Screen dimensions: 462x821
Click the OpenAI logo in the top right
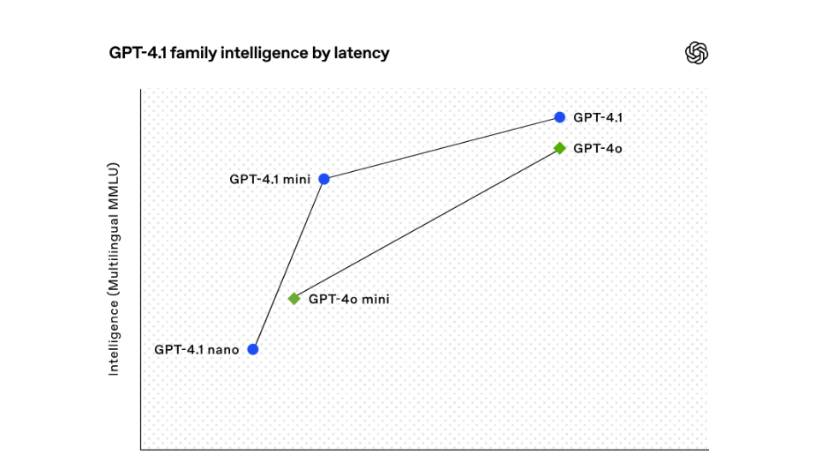[x=697, y=53]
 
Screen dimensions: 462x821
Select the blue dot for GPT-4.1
[x=559, y=117]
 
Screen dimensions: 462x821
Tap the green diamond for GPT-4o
[x=559, y=148]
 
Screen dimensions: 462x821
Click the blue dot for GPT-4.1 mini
[x=324, y=179]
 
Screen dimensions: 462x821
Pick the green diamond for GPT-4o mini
[x=294, y=299]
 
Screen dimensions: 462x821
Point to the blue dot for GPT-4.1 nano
[x=252, y=349]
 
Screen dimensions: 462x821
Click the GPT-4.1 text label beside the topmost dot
[x=591, y=117]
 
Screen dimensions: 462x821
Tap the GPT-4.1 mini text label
[x=269, y=180]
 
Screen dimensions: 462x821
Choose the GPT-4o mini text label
[x=349, y=299]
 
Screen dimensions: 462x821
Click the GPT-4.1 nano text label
[x=197, y=349]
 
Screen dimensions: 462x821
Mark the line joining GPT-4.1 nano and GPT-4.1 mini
[x=288, y=264]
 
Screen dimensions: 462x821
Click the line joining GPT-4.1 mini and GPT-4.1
[x=441, y=148]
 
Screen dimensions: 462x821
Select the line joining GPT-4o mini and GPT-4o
[x=427, y=223]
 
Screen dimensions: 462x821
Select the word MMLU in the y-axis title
[x=114, y=181]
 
